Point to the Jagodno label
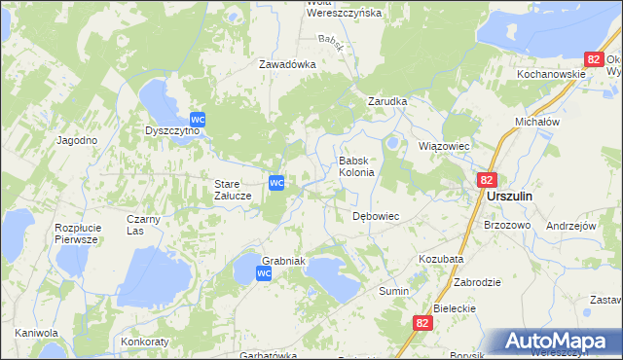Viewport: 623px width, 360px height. click(77, 140)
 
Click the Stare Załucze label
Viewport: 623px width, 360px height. click(234, 189)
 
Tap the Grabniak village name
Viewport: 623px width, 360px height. click(284, 261)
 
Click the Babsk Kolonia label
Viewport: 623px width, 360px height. click(356, 166)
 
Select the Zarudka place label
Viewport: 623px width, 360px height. click(386, 101)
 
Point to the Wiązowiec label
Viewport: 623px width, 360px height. click(444, 146)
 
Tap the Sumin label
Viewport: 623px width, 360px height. click(393, 291)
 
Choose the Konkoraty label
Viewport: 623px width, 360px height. click(145, 342)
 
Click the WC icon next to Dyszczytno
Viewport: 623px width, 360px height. click(199, 118)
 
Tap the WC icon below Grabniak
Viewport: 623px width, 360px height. click(264, 275)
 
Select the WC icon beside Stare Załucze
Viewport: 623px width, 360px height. click(276, 182)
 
